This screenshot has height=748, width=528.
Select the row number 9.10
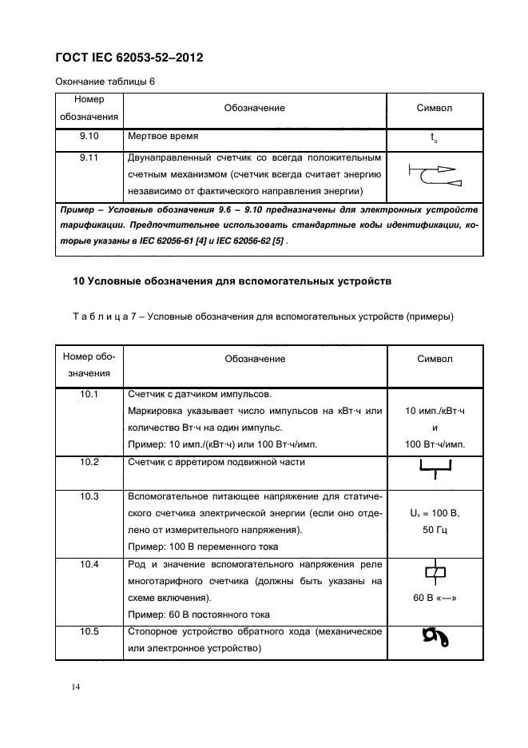[89, 137]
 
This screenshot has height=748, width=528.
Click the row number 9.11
[89, 157]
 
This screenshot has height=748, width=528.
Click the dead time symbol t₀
[434, 137]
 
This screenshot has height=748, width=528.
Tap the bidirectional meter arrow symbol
[434, 176]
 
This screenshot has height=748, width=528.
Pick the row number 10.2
[89, 462]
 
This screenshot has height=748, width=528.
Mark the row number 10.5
[89, 631]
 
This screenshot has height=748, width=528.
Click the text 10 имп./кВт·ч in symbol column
[435, 411]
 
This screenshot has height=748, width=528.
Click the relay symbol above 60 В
[435, 572]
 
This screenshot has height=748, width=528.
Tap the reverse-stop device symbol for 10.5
[435, 639]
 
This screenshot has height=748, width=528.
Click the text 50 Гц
[435, 529]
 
